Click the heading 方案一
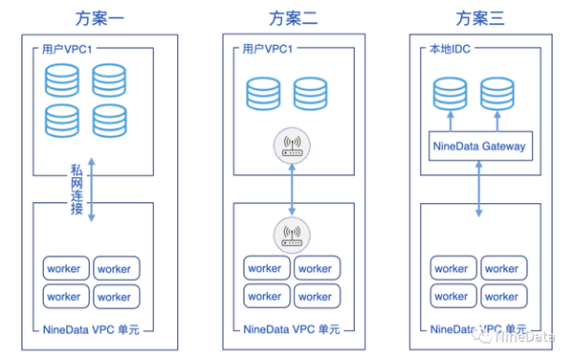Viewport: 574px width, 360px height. click(96, 17)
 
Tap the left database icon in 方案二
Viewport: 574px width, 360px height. click(264, 93)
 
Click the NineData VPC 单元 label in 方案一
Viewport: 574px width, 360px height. click(96, 331)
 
